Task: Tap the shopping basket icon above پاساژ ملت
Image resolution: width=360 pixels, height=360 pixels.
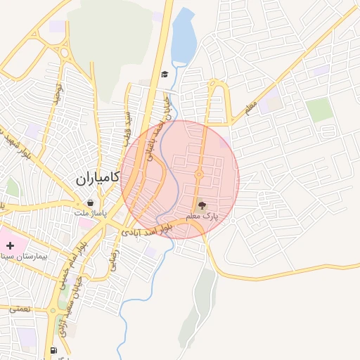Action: (x=91, y=202)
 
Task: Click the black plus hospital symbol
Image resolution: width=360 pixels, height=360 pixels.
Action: (x=10, y=245)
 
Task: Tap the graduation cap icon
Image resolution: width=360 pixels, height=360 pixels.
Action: (x=165, y=75)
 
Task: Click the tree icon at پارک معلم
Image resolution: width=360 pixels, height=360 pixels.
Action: (x=202, y=206)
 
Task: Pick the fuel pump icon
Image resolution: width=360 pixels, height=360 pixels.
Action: (x=53, y=350)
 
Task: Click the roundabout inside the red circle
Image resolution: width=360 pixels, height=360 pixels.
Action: (x=199, y=175)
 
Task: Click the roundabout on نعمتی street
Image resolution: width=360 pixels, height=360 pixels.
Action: (x=52, y=310)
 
